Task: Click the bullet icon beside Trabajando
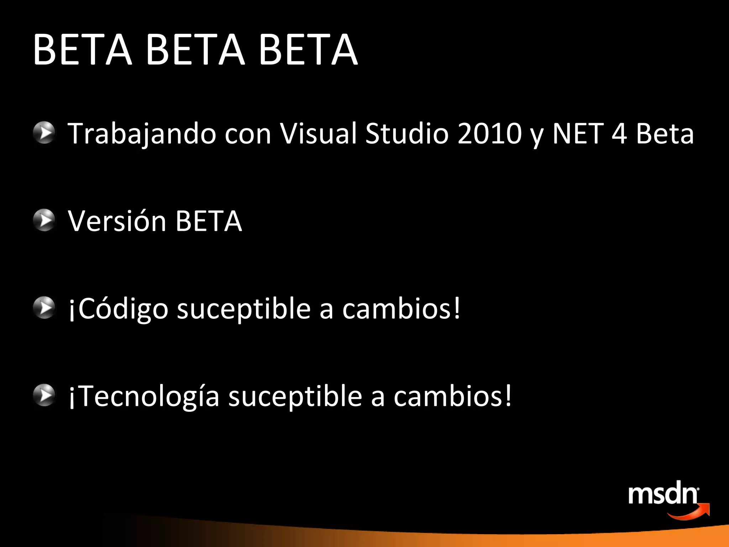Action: (x=44, y=132)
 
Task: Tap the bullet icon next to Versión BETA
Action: (x=44, y=220)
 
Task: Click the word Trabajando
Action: (x=142, y=134)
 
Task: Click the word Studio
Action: (x=407, y=133)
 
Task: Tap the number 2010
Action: (x=489, y=133)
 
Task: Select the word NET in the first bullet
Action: (x=578, y=133)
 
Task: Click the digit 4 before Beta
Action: (x=619, y=133)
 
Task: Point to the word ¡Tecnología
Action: (x=144, y=397)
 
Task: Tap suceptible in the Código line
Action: (x=244, y=309)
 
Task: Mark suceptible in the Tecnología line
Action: (x=295, y=397)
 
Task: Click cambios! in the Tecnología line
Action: (x=452, y=396)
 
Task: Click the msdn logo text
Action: (x=663, y=494)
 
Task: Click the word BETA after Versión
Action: (x=209, y=221)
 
